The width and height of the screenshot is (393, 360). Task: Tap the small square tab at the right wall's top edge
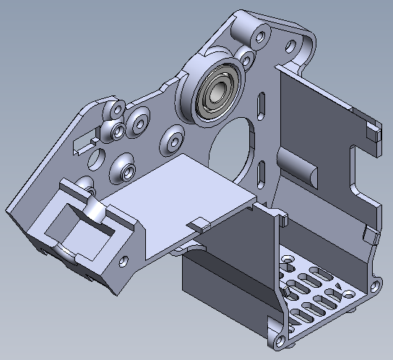tap(373, 132)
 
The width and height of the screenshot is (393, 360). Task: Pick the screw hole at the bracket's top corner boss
tap(256, 32)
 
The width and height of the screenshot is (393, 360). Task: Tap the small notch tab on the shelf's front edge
tap(202, 224)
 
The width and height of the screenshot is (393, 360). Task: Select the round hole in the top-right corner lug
tap(292, 47)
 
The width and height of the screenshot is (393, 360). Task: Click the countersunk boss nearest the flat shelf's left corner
tap(126, 171)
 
